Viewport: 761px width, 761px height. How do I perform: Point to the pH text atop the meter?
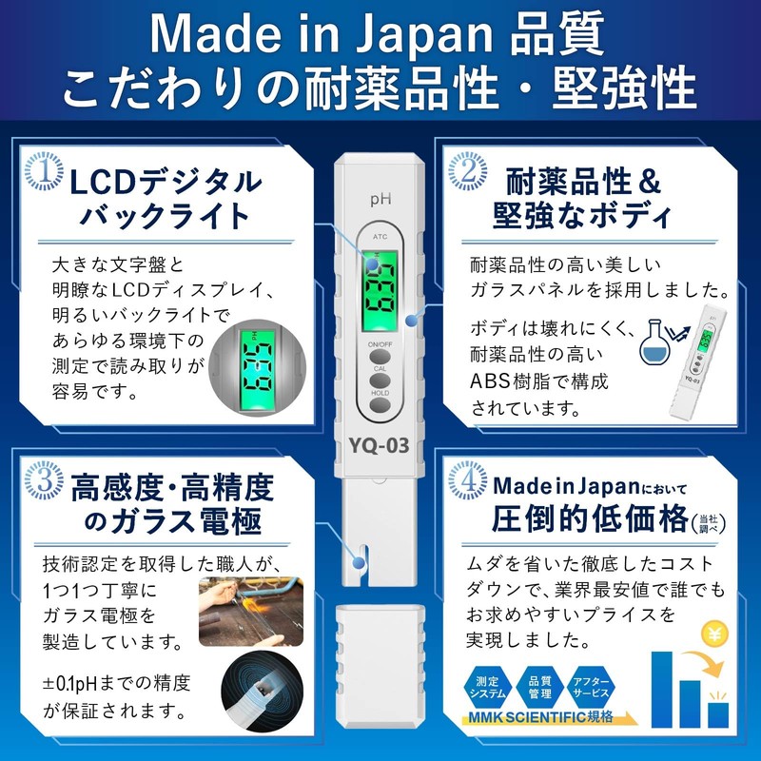point(380,200)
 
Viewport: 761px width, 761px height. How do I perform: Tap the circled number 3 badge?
point(38,483)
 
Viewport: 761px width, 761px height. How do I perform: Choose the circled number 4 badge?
point(463,483)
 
